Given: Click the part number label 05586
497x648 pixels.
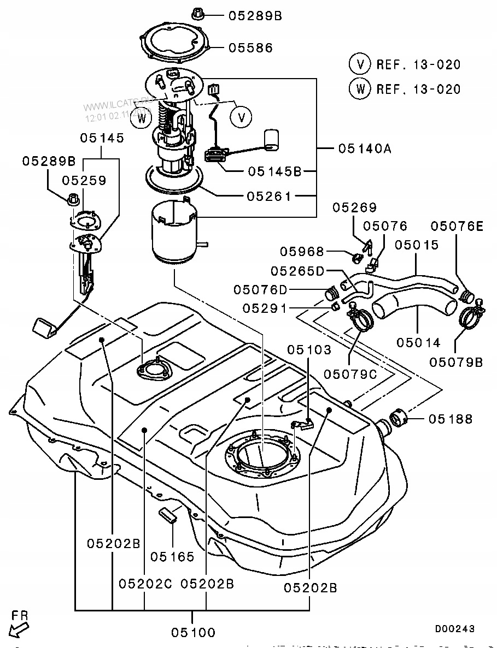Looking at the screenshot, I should (x=250, y=48).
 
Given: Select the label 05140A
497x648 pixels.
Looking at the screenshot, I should (x=365, y=148).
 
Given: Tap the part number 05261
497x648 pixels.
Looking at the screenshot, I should (x=269, y=195).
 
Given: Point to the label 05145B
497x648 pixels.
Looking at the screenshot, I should (x=274, y=171).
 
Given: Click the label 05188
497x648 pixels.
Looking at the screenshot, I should (x=451, y=419).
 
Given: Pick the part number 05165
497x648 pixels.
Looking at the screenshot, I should (x=172, y=557).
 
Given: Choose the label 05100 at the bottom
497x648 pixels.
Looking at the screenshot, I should (x=194, y=633).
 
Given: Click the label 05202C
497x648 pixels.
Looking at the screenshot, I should (x=145, y=584).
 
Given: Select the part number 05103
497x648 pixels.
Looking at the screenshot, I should (x=309, y=349).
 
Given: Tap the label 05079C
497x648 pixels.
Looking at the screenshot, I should (x=350, y=374).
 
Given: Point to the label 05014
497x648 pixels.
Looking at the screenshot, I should (x=418, y=343).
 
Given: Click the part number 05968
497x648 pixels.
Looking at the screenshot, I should (x=302, y=252).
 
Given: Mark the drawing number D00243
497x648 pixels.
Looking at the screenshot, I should (x=455, y=629).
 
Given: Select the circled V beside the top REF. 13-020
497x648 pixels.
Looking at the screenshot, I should (x=360, y=64).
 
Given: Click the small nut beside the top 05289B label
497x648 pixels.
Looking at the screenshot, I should (x=198, y=14).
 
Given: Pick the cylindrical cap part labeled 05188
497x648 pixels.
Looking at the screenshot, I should (x=399, y=420).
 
